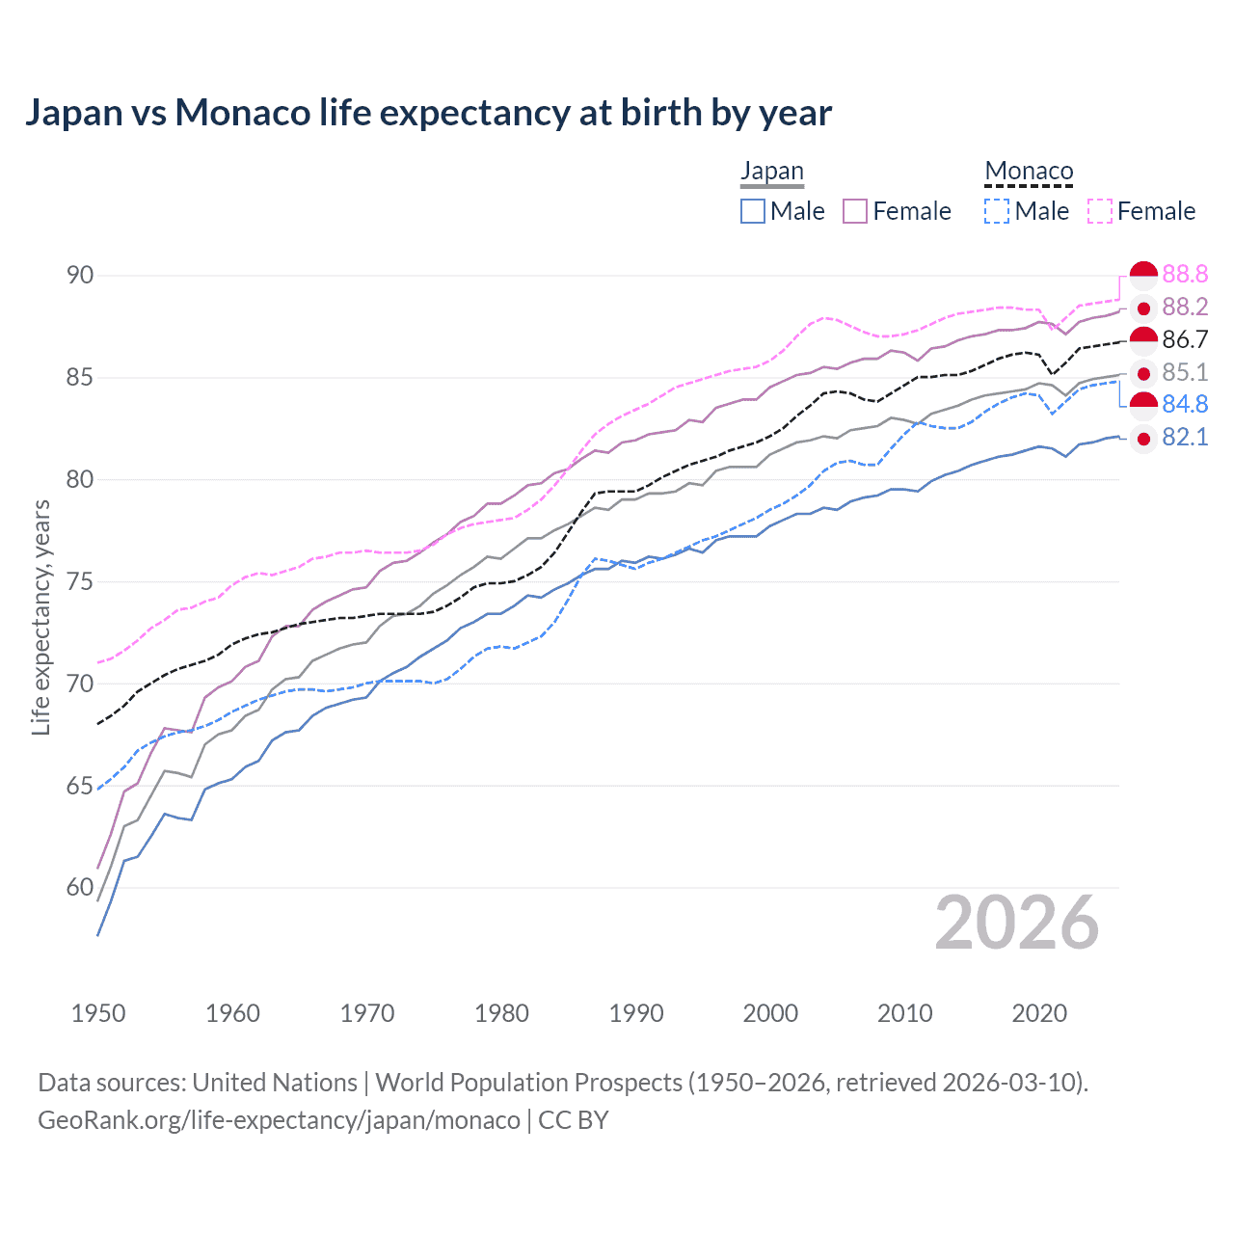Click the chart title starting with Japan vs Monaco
click(428, 113)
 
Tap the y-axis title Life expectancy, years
click(40, 618)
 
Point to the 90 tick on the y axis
click(80, 276)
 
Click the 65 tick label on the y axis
click(80, 786)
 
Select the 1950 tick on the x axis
click(98, 1013)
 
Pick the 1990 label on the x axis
click(636, 1013)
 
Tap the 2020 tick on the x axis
click(1039, 1013)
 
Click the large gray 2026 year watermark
click(1017, 924)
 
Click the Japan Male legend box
click(753, 211)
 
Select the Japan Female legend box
click(855, 211)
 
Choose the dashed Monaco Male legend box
click(997, 211)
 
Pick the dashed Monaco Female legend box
click(1100, 211)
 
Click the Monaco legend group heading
click(1029, 172)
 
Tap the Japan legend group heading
click(771, 172)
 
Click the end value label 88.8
click(1185, 275)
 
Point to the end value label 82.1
click(1185, 438)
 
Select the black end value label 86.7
click(1185, 339)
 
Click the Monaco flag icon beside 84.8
click(1143, 405)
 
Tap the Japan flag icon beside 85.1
click(1143, 373)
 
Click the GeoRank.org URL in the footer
click(279, 1120)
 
